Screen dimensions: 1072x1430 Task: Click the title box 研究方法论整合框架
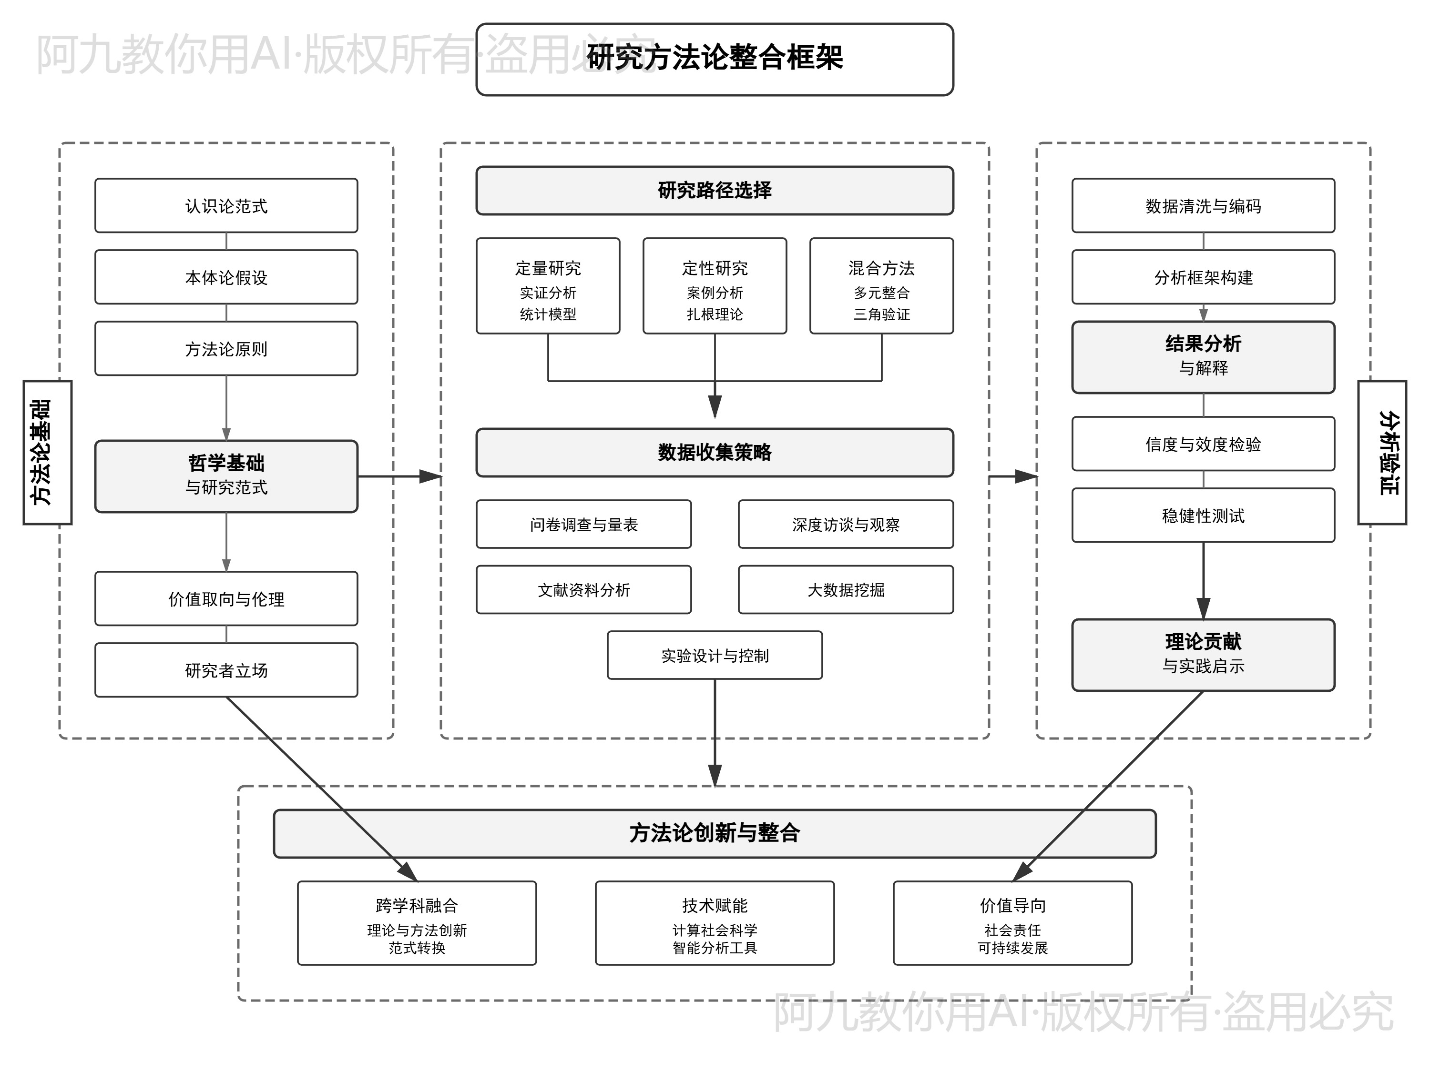715,60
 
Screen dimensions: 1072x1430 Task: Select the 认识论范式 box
226,205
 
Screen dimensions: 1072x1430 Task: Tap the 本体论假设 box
226,277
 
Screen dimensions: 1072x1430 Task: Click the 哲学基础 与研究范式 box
226,476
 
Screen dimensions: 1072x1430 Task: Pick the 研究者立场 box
226,670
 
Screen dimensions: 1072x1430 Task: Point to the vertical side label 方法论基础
47,452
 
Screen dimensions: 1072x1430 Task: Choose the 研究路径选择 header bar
715,191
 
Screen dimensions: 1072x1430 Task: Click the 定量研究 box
548,285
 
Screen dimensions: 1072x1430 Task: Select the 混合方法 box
881,285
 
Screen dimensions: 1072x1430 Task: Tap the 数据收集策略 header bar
715,452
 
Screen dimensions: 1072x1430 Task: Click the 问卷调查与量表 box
584,524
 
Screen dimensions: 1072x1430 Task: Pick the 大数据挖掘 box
846,589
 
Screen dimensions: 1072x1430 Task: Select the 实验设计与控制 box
715,655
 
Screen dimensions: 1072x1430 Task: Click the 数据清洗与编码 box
1203,205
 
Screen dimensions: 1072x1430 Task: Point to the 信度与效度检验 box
1203,444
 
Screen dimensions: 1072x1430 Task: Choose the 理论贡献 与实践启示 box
1203,655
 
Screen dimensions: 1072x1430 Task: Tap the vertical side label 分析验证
1382,452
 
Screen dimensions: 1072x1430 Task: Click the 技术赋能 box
715,923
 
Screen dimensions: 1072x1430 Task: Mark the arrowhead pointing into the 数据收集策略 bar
715,407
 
